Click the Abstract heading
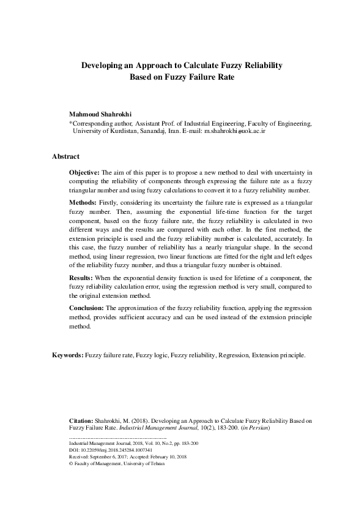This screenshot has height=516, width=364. pyautogui.click(x=65, y=157)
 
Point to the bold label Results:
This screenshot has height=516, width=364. pyautogui.click(x=81, y=278)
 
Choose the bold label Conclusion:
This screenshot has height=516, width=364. pyautogui.click(x=87, y=307)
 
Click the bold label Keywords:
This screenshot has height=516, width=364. pyautogui.click(x=67, y=355)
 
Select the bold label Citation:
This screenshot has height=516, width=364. pyautogui.click(x=81, y=421)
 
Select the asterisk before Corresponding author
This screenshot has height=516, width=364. pyautogui.click(x=71, y=123)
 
